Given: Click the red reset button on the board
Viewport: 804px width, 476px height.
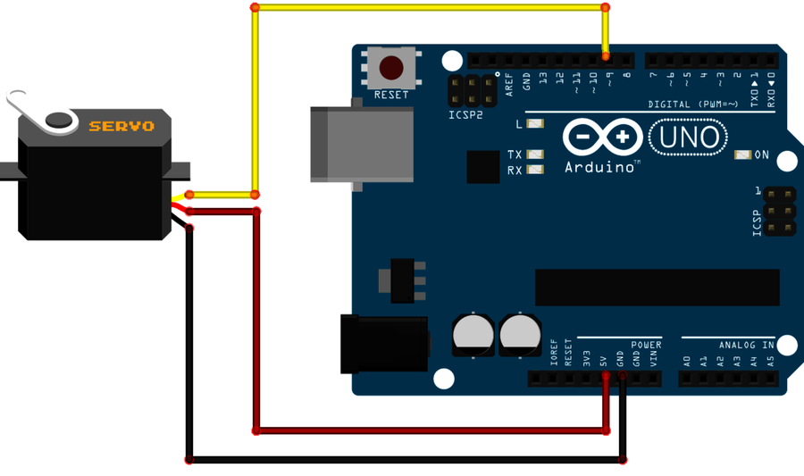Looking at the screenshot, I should [391, 67].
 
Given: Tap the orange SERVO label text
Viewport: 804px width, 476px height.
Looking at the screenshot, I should [121, 126].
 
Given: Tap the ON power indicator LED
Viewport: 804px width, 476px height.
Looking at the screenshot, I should [741, 154].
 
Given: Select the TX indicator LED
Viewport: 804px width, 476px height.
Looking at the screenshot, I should [535, 154].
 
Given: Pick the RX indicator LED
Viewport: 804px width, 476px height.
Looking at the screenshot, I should [535, 170].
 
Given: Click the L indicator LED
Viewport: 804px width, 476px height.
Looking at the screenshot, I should [534, 124].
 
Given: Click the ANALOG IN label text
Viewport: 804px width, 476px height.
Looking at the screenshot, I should [746, 345].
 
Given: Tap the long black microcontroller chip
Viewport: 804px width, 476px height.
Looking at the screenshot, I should [657, 287].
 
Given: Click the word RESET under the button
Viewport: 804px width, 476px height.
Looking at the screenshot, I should [391, 95].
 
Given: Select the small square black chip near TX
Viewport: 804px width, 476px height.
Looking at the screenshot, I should [483, 166].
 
